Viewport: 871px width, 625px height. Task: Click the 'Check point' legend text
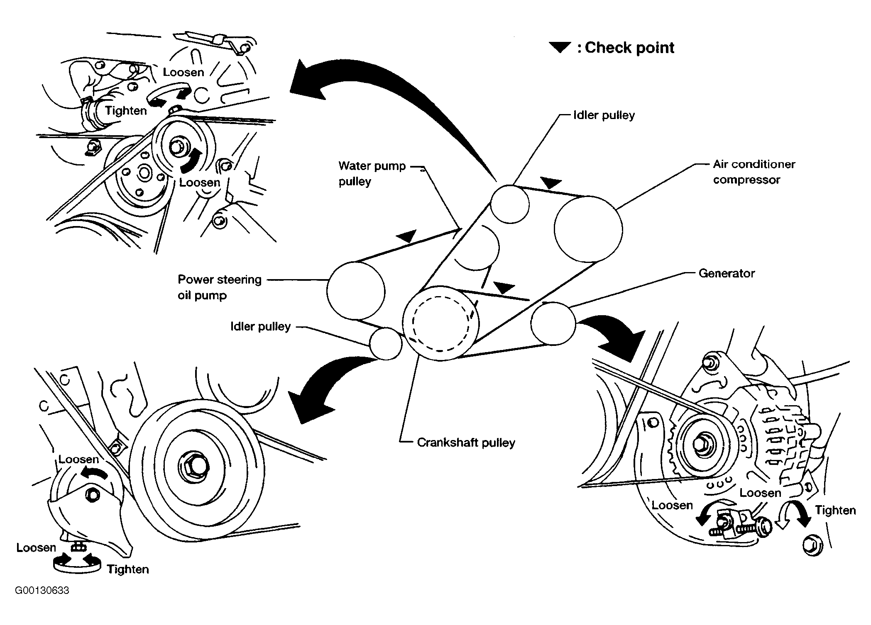(x=629, y=48)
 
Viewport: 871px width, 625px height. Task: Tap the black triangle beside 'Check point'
(x=560, y=47)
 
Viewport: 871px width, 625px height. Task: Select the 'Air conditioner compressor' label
(x=754, y=172)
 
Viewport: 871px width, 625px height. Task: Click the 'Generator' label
(x=726, y=273)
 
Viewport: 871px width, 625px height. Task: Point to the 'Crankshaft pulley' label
(x=466, y=443)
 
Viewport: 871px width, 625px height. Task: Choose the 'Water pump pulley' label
(x=372, y=174)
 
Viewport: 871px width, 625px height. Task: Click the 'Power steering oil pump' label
(x=219, y=287)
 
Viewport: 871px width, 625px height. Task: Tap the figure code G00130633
(x=42, y=590)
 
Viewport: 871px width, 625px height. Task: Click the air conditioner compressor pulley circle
(x=588, y=229)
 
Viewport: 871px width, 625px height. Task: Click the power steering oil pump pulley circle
(x=355, y=291)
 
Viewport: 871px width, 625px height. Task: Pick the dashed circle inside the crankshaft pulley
(x=440, y=323)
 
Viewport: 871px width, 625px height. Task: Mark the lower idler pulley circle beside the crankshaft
(x=386, y=343)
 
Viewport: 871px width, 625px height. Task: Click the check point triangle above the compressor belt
(x=551, y=182)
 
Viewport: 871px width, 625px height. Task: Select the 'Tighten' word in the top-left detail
(x=126, y=111)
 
